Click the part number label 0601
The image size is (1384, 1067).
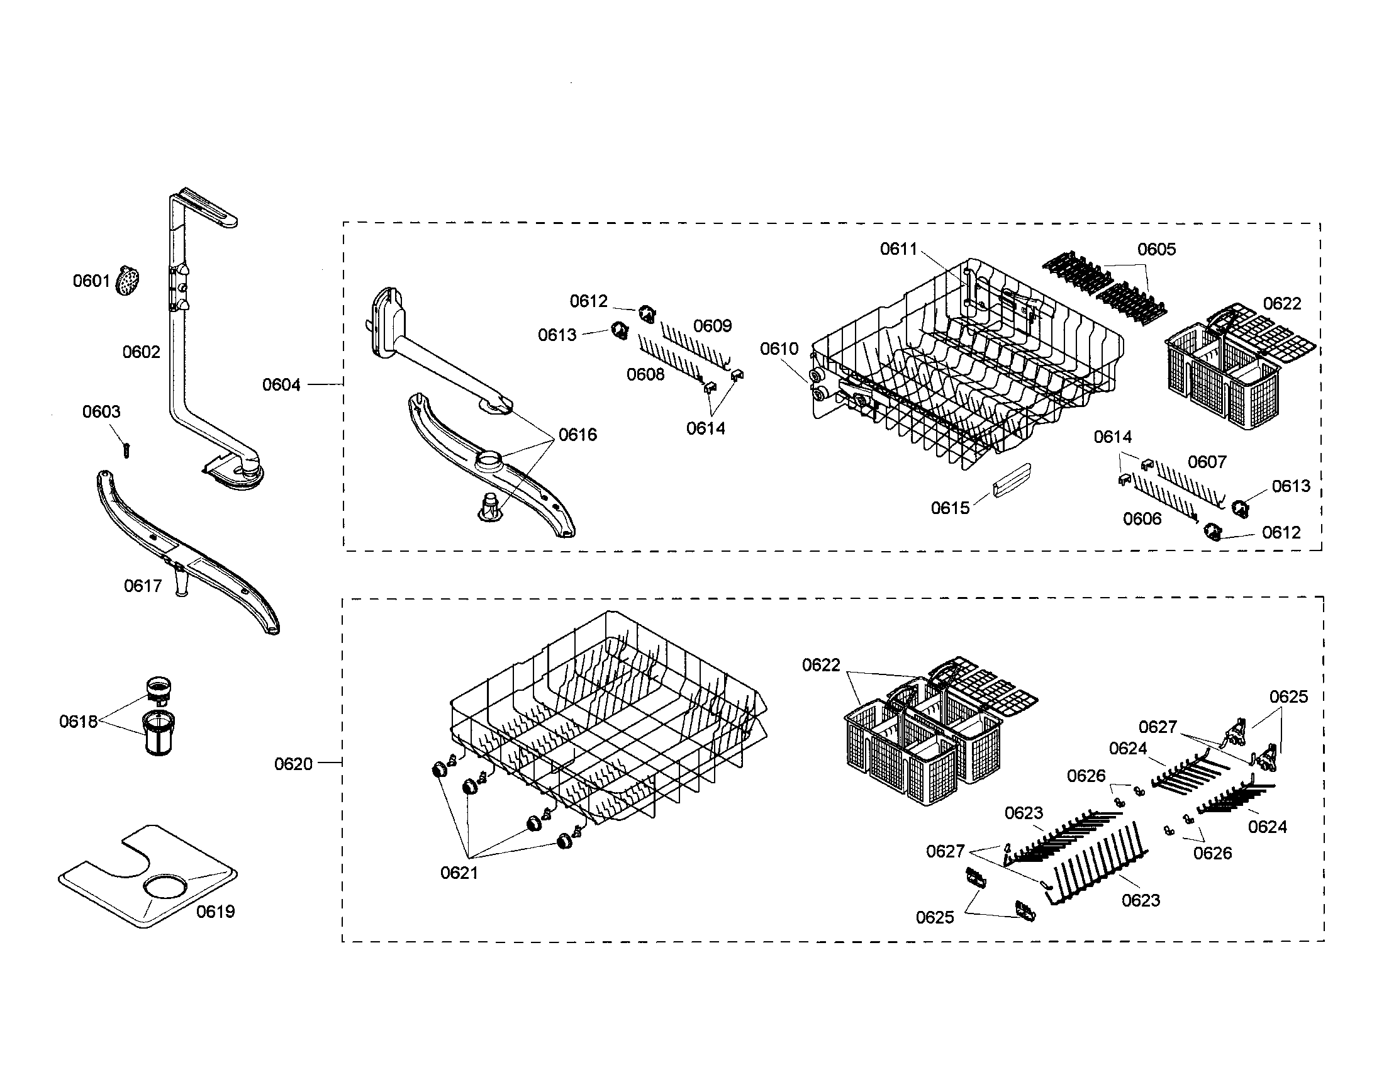91,281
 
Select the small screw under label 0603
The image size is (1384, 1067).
126,450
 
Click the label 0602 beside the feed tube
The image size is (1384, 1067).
142,352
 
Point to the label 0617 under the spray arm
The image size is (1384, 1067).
143,586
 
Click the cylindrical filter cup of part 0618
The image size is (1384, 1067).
159,733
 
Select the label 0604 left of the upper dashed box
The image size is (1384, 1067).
281,384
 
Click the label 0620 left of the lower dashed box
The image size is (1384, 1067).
293,764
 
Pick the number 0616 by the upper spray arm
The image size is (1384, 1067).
578,435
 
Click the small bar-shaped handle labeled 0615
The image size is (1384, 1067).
1012,481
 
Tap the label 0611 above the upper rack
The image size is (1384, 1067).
898,249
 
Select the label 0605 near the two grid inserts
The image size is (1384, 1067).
1156,249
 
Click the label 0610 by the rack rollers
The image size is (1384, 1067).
779,349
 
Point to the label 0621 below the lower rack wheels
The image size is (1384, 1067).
459,873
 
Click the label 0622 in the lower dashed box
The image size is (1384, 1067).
821,664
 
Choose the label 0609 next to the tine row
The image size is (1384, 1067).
712,326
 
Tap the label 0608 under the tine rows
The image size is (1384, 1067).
645,374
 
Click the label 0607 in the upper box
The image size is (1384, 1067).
1207,462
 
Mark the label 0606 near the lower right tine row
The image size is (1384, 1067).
1142,519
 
